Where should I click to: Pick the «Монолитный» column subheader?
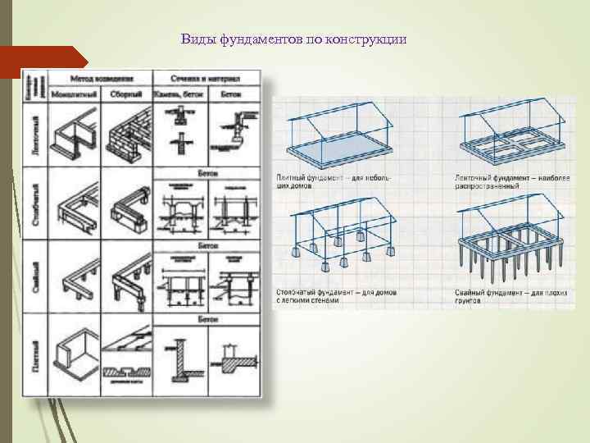tap(74, 94)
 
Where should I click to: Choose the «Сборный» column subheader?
tap(127, 94)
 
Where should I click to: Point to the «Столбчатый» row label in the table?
tap(35, 205)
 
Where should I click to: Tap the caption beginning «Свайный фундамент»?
tap(499, 296)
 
